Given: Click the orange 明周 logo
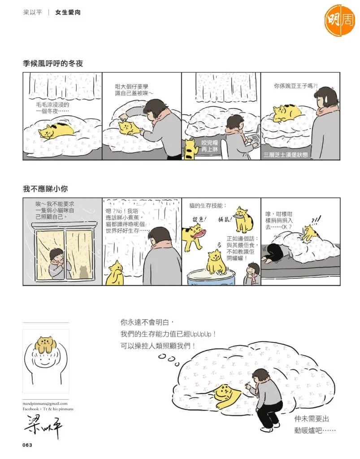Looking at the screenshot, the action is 339,20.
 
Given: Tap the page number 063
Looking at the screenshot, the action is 27,445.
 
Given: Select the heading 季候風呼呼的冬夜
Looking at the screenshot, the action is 53,63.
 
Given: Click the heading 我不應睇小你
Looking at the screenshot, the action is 45,189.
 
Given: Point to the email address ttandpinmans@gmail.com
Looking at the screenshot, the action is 45,404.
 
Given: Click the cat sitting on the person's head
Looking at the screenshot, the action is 44,344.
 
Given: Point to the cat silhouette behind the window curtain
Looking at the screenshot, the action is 84,272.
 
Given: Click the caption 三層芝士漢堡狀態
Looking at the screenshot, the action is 286,155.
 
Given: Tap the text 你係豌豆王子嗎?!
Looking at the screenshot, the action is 295,86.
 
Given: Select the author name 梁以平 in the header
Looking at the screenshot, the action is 32,12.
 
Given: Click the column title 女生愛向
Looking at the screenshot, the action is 68,12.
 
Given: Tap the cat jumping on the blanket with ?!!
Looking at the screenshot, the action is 310,233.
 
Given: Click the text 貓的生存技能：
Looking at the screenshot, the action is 208,205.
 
